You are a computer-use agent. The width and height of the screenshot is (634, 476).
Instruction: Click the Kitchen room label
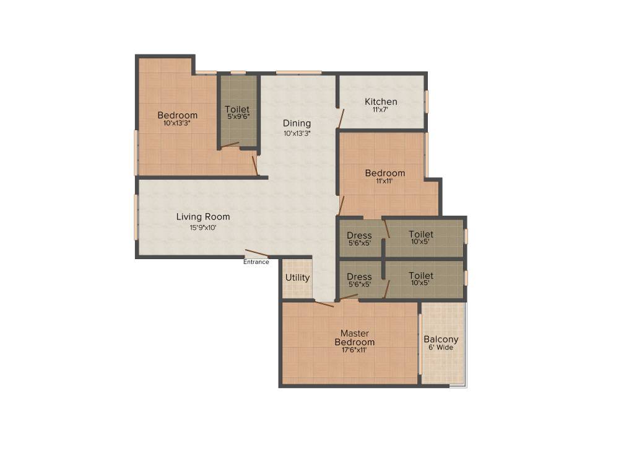(381, 102)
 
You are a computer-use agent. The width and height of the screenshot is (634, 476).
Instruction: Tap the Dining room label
(297, 123)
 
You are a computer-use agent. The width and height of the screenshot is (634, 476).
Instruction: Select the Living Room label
(203, 217)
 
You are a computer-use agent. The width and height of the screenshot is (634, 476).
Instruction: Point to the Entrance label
(256, 262)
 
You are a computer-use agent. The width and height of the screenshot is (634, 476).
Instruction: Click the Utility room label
(298, 278)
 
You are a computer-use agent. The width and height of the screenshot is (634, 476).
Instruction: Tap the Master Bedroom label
(355, 338)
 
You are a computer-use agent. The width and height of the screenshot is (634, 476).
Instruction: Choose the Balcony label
(441, 339)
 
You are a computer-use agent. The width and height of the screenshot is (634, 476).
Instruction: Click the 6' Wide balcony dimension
(441, 347)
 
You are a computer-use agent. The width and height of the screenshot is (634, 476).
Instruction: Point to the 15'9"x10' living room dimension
(203, 227)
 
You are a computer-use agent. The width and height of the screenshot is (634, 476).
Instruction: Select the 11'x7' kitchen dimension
(380, 109)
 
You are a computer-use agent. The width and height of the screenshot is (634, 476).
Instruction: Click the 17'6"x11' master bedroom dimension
(354, 350)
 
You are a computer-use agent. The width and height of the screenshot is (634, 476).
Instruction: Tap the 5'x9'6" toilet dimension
(238, 117)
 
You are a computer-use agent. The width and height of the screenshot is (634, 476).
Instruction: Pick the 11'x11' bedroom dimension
(384, 181)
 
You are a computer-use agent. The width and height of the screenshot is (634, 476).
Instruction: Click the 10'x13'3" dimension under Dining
(297, 133)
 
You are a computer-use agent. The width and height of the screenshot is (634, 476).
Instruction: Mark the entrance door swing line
(256, 253)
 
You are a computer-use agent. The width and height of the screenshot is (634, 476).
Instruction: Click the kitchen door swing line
(341, 119)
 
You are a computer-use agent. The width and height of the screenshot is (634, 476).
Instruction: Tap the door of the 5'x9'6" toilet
(230, 145)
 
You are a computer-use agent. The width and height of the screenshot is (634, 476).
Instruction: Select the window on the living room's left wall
(136, 218)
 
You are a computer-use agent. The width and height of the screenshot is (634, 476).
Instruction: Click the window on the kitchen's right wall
(426, 102)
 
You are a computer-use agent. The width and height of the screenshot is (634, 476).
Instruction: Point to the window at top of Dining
(299, 73)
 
